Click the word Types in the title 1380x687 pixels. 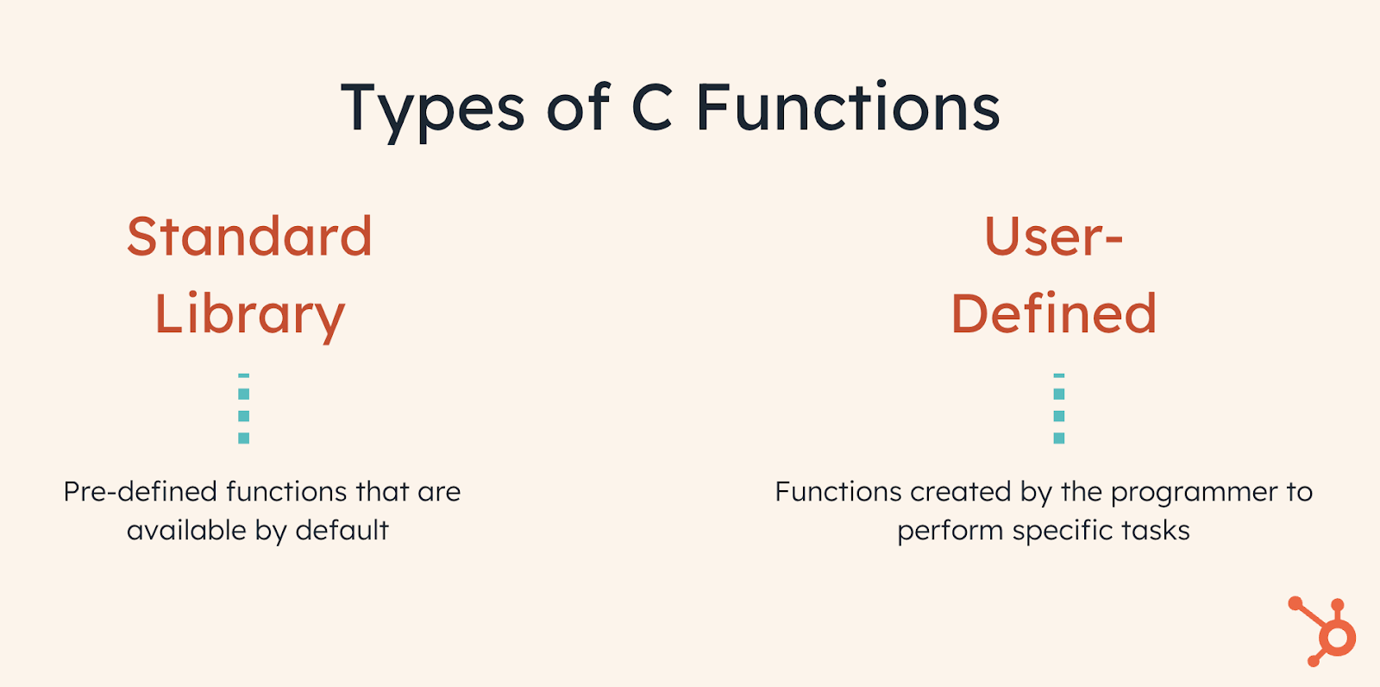[432, 110]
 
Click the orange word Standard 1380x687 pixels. [249, 236]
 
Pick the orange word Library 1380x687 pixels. [249, 315]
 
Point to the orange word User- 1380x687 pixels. [1053, 236]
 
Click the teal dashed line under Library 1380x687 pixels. [244, 409]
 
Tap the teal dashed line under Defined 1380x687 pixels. [1059, 409]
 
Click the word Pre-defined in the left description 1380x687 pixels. [140, 492]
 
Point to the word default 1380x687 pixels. [342, 530]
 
